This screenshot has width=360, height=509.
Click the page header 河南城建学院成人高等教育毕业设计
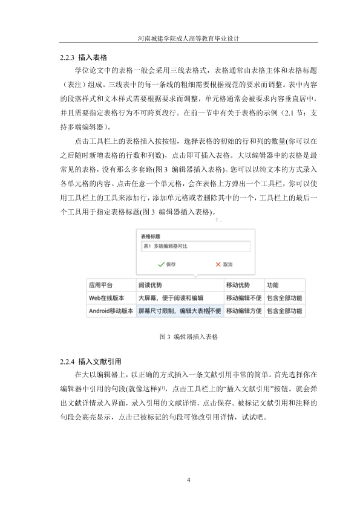180,37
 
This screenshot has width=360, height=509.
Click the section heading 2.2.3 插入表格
82,58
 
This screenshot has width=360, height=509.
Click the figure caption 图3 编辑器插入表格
180,336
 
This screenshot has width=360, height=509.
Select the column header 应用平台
101,285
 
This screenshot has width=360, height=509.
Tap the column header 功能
273,285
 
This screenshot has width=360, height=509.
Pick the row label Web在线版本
106,298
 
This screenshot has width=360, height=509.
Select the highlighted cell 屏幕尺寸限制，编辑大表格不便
180,311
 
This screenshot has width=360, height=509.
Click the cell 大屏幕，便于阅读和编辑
171,298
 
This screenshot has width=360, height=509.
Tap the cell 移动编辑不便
244,298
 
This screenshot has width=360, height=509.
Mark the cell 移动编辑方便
244,311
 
